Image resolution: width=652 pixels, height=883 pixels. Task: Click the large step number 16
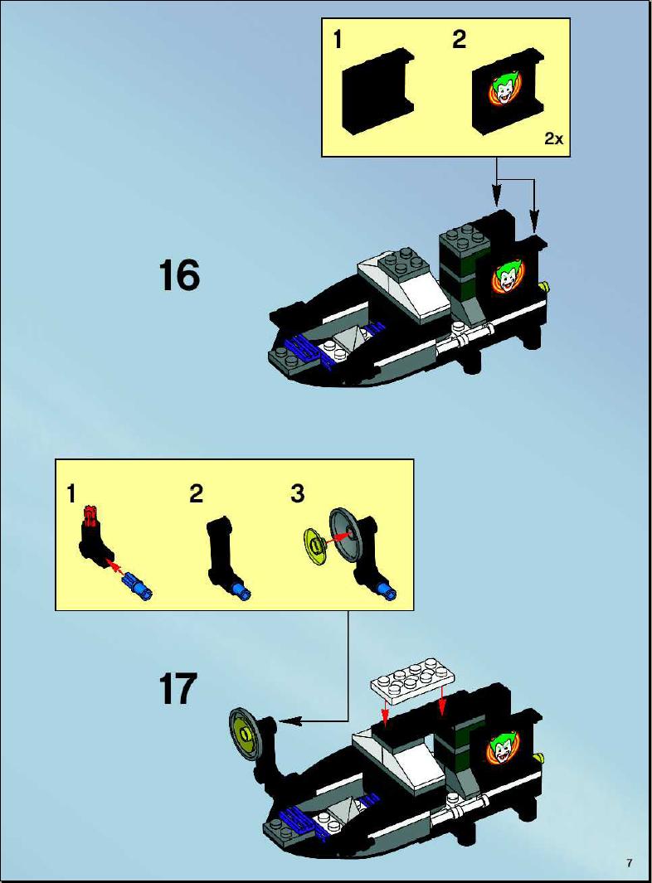click(x=180, y=275)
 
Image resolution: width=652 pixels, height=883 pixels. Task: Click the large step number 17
click(x=178, y=688)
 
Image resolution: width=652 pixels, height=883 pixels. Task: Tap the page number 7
click(x=629, y=862)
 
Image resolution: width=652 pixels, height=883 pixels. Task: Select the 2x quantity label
click(x=553, y=138)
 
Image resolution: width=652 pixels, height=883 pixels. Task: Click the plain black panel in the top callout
click(x=377, y=91)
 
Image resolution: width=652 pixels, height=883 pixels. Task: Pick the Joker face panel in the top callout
click(x=507, y=91)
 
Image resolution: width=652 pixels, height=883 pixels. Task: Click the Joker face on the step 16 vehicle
click(x=505, y=277)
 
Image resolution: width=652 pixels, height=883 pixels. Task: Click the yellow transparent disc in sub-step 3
click(x=315, y=545)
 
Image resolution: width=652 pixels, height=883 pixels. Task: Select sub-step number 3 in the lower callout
click(x=298, y=493)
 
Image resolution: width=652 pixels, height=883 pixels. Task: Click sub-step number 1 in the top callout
click(x=338, y=40)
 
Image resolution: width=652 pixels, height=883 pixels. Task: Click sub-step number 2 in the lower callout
click(x=196, y=493)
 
